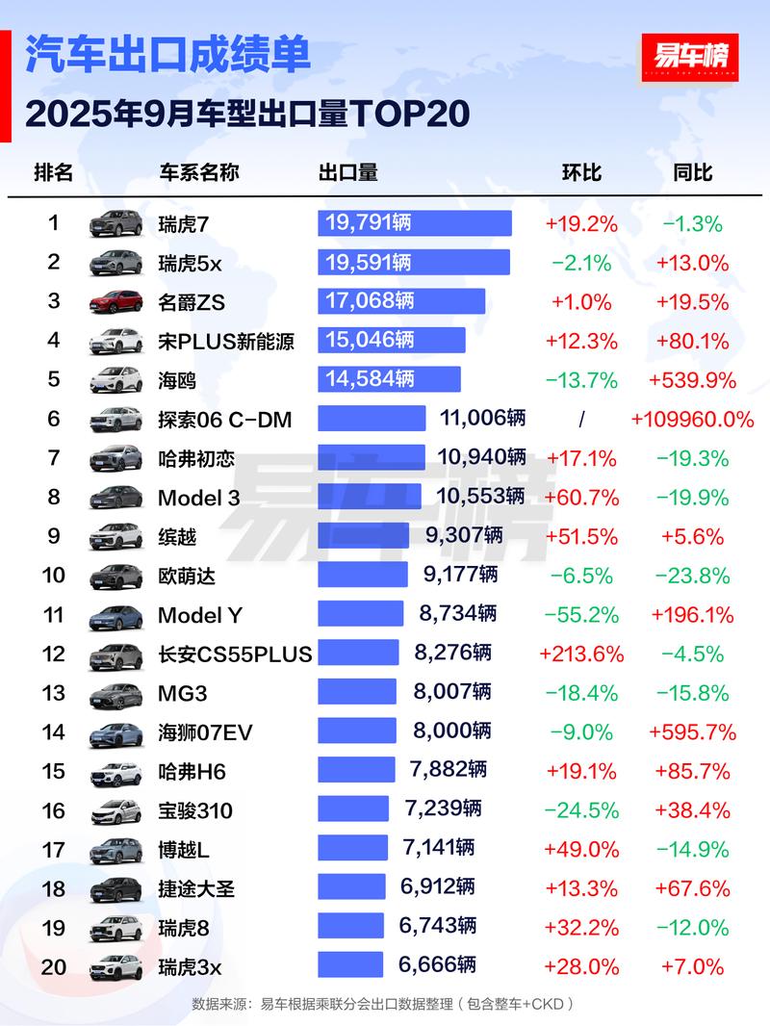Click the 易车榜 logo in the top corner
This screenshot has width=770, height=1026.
pyautogui.click(x=689, y=56)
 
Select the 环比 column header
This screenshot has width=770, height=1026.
pyautogui.click(x=581, y=172)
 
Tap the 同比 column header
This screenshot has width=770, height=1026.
pyautogui.click(x=693, y=172)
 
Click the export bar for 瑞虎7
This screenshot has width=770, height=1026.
pyautogui.click(x=415, y=223)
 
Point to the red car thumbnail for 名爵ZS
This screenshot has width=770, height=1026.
pyautogui.click(x=115, y=301)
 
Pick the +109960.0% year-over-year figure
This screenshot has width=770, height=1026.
pyautogui.click(x=693, y=419)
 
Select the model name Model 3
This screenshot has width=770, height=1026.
pyautogui.click(x=199, y=498)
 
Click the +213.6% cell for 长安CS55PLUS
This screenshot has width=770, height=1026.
pyautogui.click(x=581, y=654)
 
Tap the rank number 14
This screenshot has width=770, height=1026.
pyautogui.click(x=54, y=732)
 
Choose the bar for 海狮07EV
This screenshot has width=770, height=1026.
pyautogui.click(x=357, y=731)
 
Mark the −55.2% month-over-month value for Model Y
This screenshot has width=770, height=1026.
pyautogui.click(x=581, y=615)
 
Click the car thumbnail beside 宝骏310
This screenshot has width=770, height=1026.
pyautogui.click(x=115, y=811)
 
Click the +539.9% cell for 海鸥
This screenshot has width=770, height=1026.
pyautogui.click(x=693, y=380)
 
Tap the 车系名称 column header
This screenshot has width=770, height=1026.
pyautogui.click(x=199, y=172)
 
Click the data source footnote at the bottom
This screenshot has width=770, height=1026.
pyautogui.click(x=383, y=1004)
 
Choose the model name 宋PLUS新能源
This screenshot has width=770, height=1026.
pyautogui.click(x=226, y=341)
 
